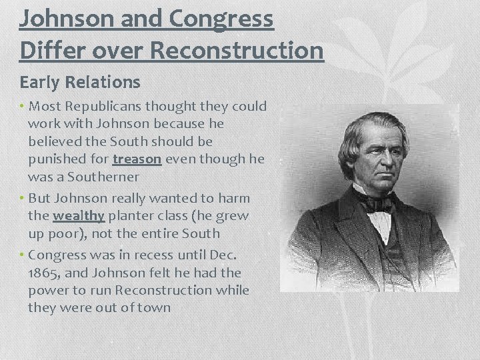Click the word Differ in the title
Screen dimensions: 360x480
(x=50, y=50)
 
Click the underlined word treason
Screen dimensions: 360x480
(x=137, y=160)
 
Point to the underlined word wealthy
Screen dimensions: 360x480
(x=79, y=216)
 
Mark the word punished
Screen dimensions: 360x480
(x=57, y=160)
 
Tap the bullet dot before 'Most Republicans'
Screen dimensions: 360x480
(x=23, y=106)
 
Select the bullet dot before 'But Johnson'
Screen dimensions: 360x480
(x=23, y=198)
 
